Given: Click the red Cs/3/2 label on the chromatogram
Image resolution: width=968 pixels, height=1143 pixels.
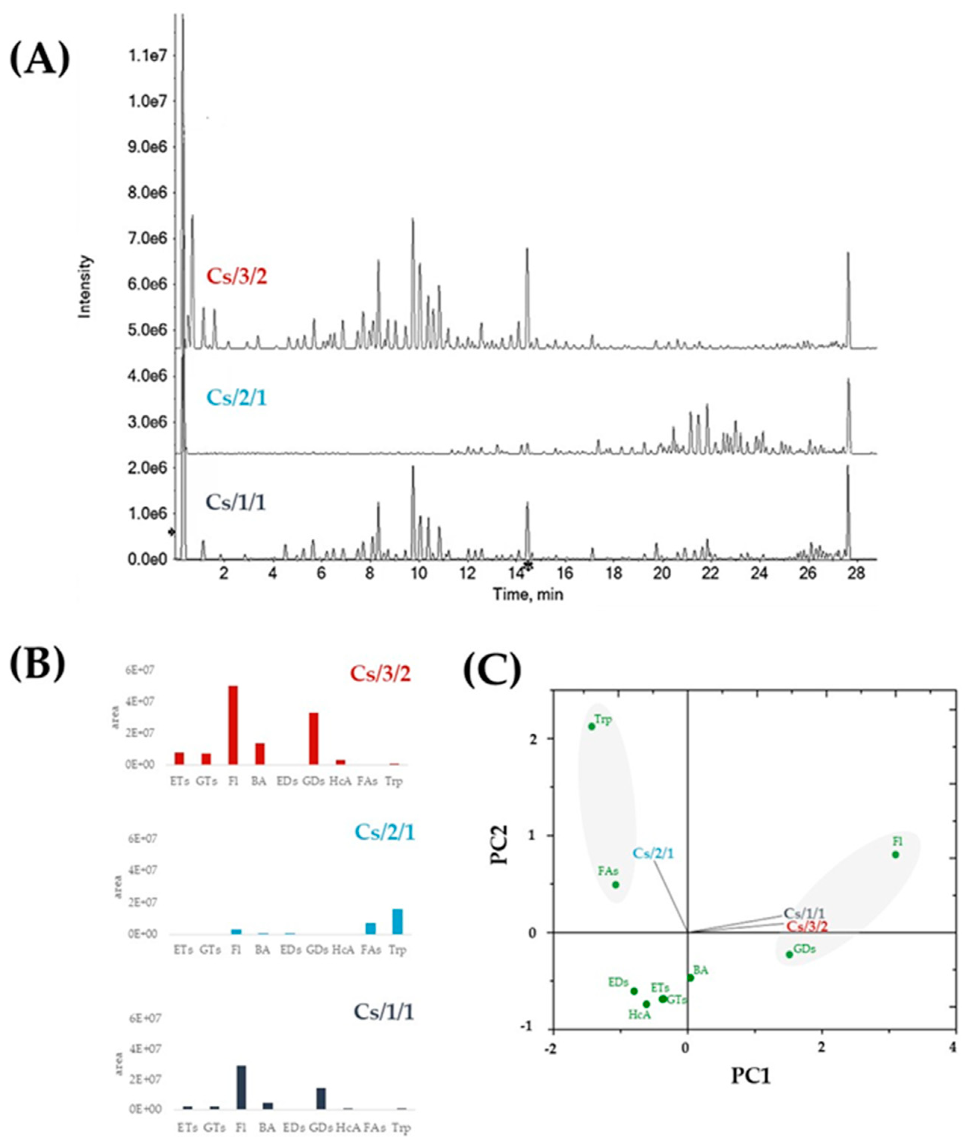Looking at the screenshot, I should (237, 276).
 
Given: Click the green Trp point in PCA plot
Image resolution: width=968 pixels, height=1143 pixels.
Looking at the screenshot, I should (592, 726).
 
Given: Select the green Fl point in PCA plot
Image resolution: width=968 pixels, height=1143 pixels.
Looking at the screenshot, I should (896, 855).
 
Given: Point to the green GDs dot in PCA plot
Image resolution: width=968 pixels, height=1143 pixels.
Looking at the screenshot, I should (790, 954).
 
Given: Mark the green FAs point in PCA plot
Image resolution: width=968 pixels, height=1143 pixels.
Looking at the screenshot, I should (616, 885).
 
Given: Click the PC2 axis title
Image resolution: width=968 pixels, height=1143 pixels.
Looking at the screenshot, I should (501, 845).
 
